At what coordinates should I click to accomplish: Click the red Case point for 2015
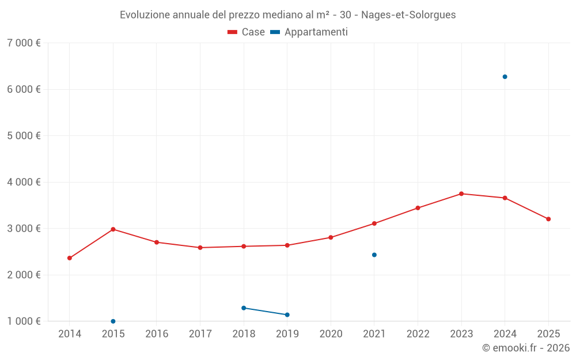pos(113,229)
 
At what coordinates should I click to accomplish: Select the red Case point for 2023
pos(461,194)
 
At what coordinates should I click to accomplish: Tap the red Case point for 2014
pos(70,258)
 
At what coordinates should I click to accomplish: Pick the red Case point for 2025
pos(548,219)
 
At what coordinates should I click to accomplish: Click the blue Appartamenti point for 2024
pos(505,77)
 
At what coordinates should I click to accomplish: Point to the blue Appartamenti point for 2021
pos(374,255)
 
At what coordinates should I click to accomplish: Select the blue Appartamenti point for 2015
pos(113,321)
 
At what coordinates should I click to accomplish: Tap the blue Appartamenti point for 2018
pos(244,308)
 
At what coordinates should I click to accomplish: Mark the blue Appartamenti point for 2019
pos(287,314)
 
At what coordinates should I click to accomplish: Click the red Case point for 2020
pos(331,237)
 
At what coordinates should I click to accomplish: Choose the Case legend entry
pos(247,32)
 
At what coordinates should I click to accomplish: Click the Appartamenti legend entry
pos(309,32)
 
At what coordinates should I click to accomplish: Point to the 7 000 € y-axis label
pos(24,43)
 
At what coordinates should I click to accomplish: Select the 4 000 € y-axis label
pos(24,182)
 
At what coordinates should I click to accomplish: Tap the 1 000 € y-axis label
pos(24,321)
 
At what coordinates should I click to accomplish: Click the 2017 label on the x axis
pos(200,334)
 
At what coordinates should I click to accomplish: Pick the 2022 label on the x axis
pos(418,334)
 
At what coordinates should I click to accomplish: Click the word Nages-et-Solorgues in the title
pos(408,15)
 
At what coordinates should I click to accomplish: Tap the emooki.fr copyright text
pos(525,348)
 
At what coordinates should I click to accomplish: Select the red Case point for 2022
pos(418,208)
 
